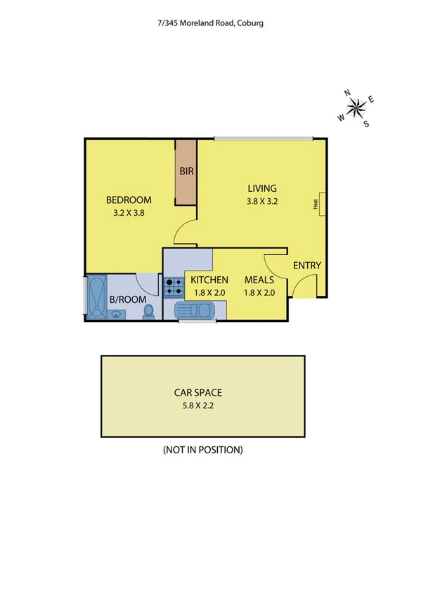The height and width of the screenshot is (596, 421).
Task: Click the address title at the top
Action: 210,22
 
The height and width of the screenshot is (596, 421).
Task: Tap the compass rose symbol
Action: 357,108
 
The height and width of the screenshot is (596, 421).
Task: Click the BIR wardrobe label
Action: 186,171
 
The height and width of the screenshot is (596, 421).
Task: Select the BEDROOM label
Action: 129,199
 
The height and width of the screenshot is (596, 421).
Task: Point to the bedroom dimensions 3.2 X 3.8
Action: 129,212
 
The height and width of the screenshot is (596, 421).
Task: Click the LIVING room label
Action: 262,188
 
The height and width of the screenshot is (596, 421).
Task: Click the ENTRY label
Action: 307,266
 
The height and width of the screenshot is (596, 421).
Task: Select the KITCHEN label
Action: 209,280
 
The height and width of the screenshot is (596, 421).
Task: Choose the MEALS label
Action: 258,280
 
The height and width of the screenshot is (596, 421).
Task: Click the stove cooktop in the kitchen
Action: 173,286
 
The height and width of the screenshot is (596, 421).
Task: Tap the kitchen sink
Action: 198,309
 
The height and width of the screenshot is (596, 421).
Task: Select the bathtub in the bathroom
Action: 95,295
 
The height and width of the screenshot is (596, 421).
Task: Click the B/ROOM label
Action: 128,299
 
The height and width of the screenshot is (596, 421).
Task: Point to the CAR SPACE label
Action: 203,394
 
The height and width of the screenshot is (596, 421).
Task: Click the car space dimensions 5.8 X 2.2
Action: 203,406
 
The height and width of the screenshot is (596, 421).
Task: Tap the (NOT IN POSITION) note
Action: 203,450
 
